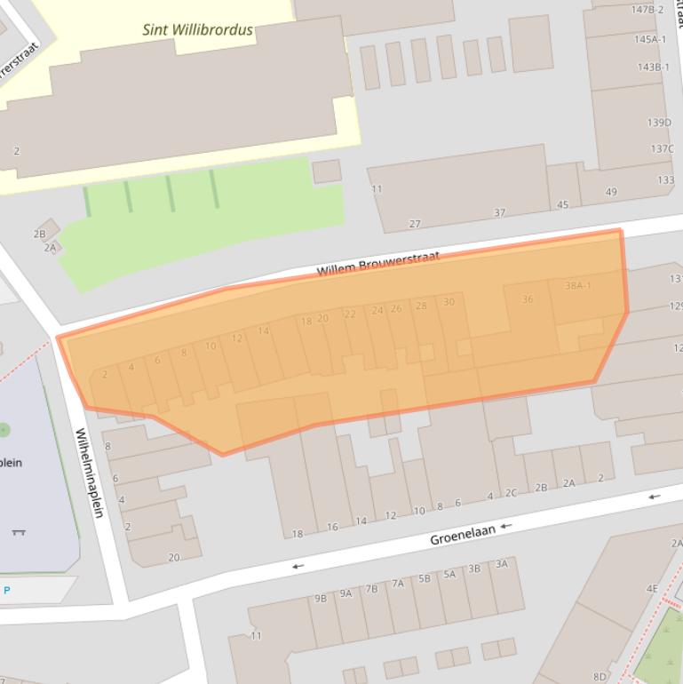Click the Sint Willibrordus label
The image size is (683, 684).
(x=197, y=29)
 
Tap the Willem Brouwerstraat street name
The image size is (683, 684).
(x=377, y=264)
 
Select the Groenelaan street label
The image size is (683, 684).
(x=462, y=534)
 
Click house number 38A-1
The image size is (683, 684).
(x=577, y=285)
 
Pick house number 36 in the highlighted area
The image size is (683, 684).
(x=528, y=299)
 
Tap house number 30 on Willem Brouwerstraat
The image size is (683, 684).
(x=449, y=302)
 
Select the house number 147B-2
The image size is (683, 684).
(x=647, y=10)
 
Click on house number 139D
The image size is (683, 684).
(x=659, y=123)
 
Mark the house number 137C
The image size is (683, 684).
(x=662, y=148)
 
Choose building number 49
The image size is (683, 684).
(x=611, y=192)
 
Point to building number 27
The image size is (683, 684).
(x=415, y=224)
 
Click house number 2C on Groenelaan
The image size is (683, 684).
(x=511, y=493)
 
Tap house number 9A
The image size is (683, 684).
(x=345, y=593)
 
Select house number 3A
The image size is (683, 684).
(x=502, y=563)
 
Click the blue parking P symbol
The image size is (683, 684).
(x=7, y=590)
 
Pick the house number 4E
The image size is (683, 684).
(x=652, y=588)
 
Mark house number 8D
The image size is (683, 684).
(x=600, y=677)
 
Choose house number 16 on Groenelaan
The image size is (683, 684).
(x=332, y=527)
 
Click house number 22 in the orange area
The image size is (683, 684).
(x=350, y=314)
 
